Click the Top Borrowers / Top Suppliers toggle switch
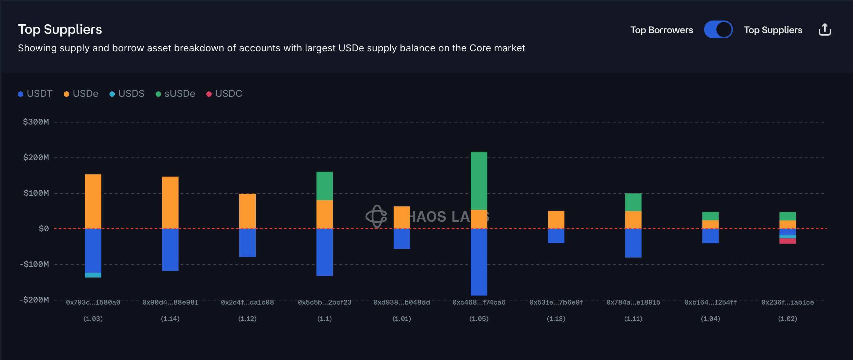[x=718, y=30]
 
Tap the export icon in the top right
[x=825, y=30]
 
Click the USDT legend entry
[x=35, y=93]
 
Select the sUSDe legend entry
[x=175, y=93]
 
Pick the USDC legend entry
[x=224, y=93]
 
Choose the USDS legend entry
[x=127, y=93]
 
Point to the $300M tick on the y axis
[x=36, y=122]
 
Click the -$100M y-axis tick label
[x=35, y=264]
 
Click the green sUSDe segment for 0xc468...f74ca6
[x=479, y=181]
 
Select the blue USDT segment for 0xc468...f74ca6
[x=479, y=262]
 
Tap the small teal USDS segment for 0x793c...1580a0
[x=93, y=275]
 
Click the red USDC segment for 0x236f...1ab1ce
[x=788, y=241]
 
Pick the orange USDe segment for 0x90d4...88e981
[x=170, y=203]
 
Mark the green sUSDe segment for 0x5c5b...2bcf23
[x=324, y=186]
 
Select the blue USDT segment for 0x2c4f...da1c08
[x=247, y=243]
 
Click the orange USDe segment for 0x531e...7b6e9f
[x=556, y=220]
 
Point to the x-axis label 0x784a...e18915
[x=633, y=302]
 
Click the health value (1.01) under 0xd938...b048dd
[x=402, y=319]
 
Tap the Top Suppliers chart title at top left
[x=60, y=29]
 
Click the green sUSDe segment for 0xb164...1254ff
[x=711, y=216]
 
